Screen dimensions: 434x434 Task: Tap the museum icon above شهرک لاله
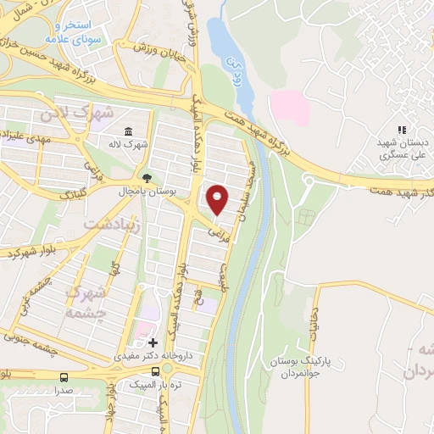[x=128, y=131]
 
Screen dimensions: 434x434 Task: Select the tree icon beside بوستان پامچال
[x=147, y=178]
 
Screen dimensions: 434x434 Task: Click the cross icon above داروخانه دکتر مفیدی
[x=153, y=342]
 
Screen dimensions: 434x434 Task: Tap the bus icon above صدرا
[x=64, y=377]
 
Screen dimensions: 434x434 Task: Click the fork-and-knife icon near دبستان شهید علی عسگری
[x=402, y=130]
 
